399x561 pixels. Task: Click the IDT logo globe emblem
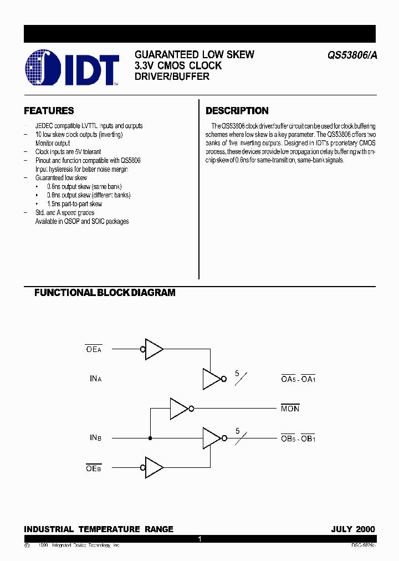click(x=43, y=68)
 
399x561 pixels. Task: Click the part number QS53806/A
click(x=350, y=55)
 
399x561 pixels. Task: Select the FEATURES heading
click(x=49, y=111)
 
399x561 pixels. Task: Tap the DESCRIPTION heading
click(x=237, y=111)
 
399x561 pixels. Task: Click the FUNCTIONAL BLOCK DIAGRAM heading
click(x=105, y=292)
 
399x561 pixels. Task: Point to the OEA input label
click(x=94, y=349)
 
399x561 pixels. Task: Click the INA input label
click(x=95, y=379)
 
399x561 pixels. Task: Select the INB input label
click(x=95, y=438)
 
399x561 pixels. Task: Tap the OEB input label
click(x=94, y=468)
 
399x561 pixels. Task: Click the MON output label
click(x=290, y=409)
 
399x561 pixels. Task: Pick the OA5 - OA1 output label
click(x=298, y=379)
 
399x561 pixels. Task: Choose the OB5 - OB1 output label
click(x=298, y=438)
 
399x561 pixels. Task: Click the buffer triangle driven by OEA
click(x=154, y=349)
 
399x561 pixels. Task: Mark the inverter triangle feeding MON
click(x=179, y=409)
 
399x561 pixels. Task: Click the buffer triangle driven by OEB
click(x=154, y=467)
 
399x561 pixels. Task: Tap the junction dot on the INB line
click(x=150, y=438)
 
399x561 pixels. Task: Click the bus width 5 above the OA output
click(x=237, y=374)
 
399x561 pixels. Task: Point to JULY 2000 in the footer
click(x=353, y=529)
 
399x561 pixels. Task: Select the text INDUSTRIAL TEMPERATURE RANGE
click(x=99, y=529)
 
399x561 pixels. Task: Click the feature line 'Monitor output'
click(x=53, y=143)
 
